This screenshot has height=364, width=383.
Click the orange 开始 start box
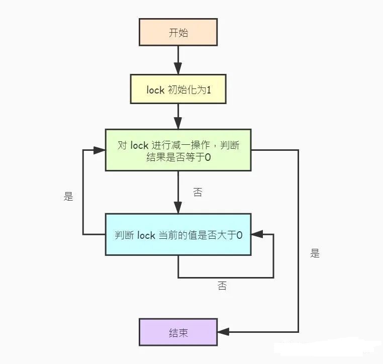coord(178,33)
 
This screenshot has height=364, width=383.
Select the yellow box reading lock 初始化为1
coord(178,89)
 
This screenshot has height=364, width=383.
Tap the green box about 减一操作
coord(178,150)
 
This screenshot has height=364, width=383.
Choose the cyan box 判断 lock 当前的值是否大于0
coord(178,234)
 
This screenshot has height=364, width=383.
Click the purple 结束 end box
coord(178,332)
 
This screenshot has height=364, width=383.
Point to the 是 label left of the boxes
coord(69,197)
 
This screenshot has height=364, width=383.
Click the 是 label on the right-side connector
coord(315,253)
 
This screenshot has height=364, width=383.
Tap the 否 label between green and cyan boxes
coord(198,192)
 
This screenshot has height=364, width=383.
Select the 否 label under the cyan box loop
coord(222,286)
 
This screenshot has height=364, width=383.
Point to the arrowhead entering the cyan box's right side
coord(256,234)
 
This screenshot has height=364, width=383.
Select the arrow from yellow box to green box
coord(178,117)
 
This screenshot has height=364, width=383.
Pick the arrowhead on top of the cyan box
coord(178,209)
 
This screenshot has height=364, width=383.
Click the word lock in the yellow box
coord(156,90)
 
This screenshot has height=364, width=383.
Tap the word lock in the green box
coord(139,145)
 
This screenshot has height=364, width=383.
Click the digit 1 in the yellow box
coord(208,90)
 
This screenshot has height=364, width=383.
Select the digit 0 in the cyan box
coord(240,235)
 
